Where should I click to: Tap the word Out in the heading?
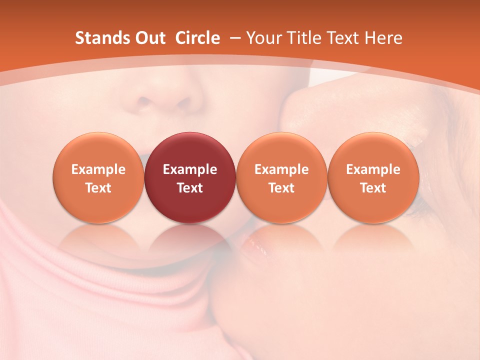click(148, 38)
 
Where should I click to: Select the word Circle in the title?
click(197, 38)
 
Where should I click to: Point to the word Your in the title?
click(263, 38)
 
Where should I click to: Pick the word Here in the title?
click(384, 38)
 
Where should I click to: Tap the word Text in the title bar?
click(344, 38)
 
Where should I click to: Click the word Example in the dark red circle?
click(190, 169)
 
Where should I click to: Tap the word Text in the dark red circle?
click(190, 188)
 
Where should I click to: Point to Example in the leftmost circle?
click(98, 169)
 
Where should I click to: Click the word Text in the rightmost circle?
click(373, 188)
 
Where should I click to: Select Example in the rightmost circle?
click(373, 169)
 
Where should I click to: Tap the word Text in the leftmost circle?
click(98, 188)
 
